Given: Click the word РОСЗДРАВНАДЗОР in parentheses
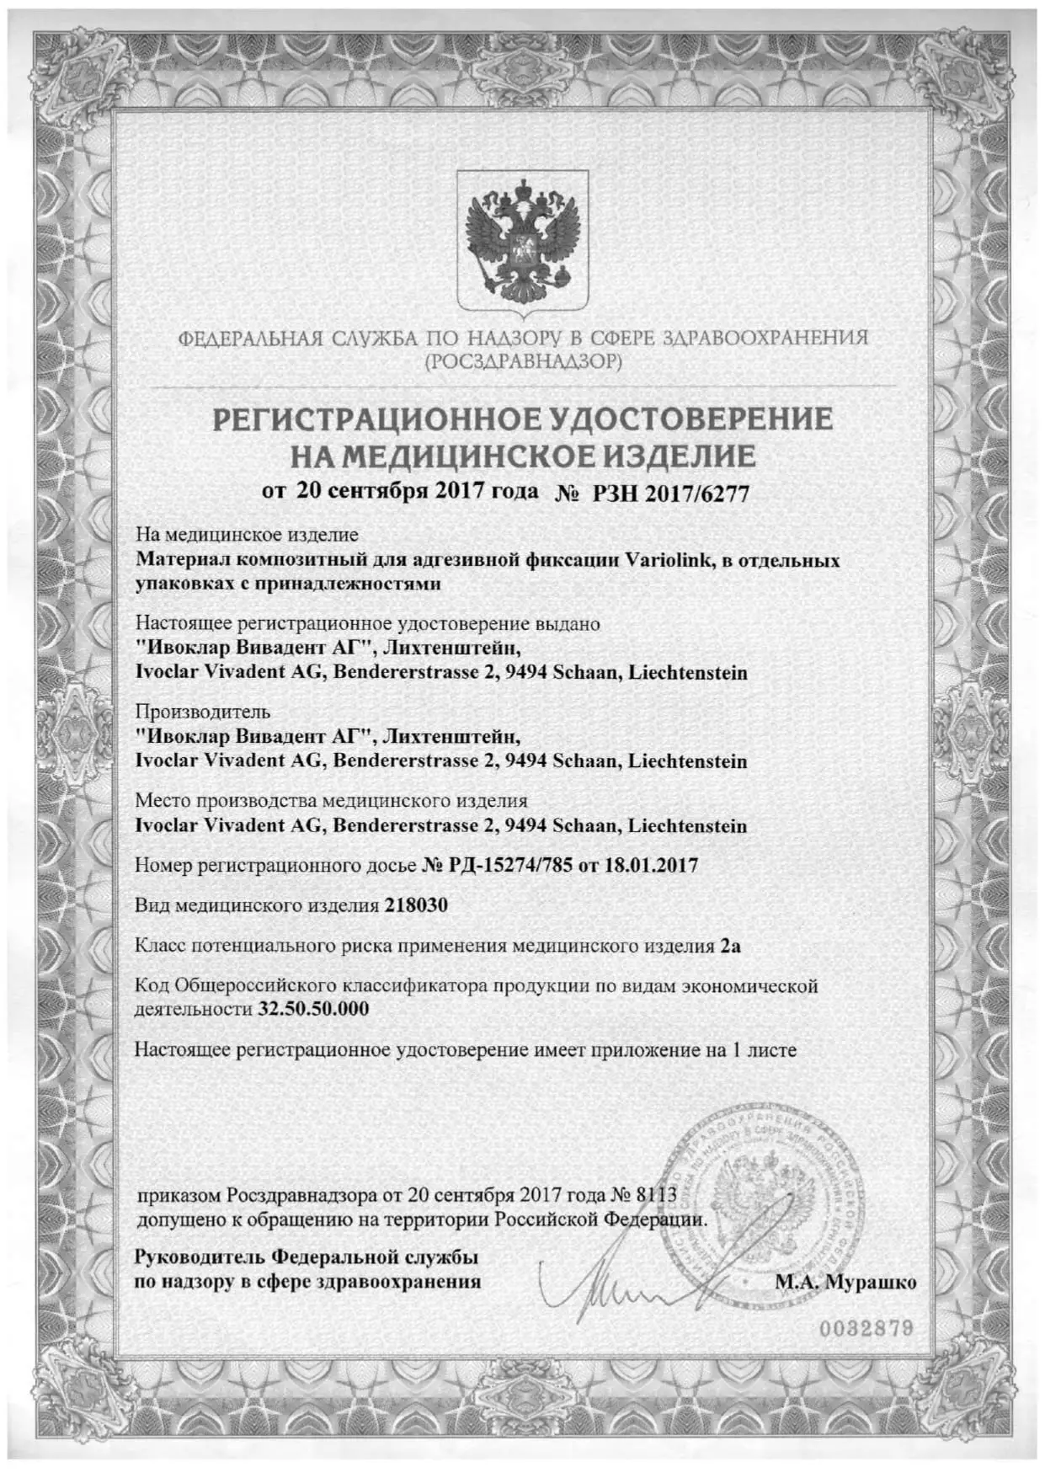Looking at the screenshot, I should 522,363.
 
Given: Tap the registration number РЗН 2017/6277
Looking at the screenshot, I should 670,494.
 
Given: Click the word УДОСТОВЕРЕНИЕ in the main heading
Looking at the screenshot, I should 690,419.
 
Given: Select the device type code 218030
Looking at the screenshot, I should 415,905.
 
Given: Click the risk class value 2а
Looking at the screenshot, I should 730,946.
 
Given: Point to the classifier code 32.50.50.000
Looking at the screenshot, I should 312,1008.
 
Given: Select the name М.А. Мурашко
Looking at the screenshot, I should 845,1283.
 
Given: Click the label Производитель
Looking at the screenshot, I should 203,712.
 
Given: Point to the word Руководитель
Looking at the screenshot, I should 200,1257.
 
